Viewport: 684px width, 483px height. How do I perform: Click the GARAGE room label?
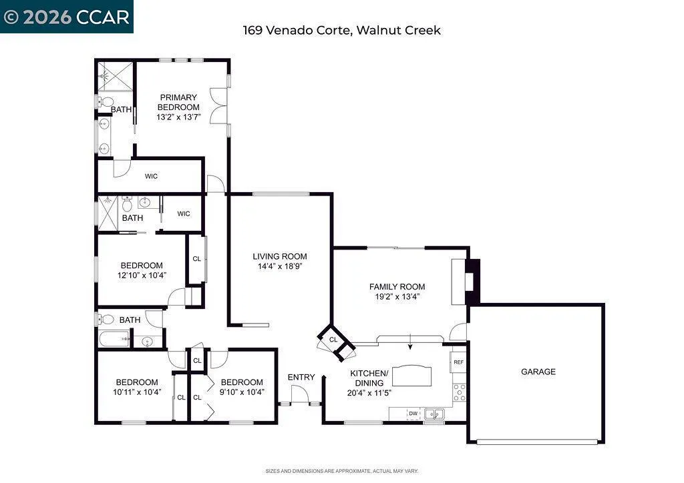tap(538, 372)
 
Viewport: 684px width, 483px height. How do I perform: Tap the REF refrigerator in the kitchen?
tap(458, 362)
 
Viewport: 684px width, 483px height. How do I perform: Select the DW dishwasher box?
tap(413, 414)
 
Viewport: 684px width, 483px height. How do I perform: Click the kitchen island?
tap(411, 376)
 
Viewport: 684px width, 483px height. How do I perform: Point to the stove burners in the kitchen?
tap(460, 392)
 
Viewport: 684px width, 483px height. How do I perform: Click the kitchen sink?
tap(434, 414)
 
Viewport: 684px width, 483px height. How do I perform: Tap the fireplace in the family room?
tap(472, 282)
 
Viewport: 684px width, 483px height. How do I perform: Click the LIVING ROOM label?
tap(280, 257)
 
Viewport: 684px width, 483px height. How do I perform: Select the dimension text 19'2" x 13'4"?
tap(397, 297)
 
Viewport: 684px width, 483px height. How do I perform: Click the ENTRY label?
tap(301, 377)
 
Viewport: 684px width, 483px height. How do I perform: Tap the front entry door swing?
tap(300, 394)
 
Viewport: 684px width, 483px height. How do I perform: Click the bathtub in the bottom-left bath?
tap(114, 339)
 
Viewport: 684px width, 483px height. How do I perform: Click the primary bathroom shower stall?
tap(115, 77)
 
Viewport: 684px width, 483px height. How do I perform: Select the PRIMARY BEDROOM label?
tap(178, 102)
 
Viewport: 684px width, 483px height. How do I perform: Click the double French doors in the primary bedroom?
tap(218, 106)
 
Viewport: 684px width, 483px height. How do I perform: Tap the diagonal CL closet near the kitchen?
tap(336, 342)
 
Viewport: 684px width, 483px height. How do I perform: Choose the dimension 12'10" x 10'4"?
tap(142, 276)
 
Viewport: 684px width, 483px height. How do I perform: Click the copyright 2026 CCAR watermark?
tap(67, 17)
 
